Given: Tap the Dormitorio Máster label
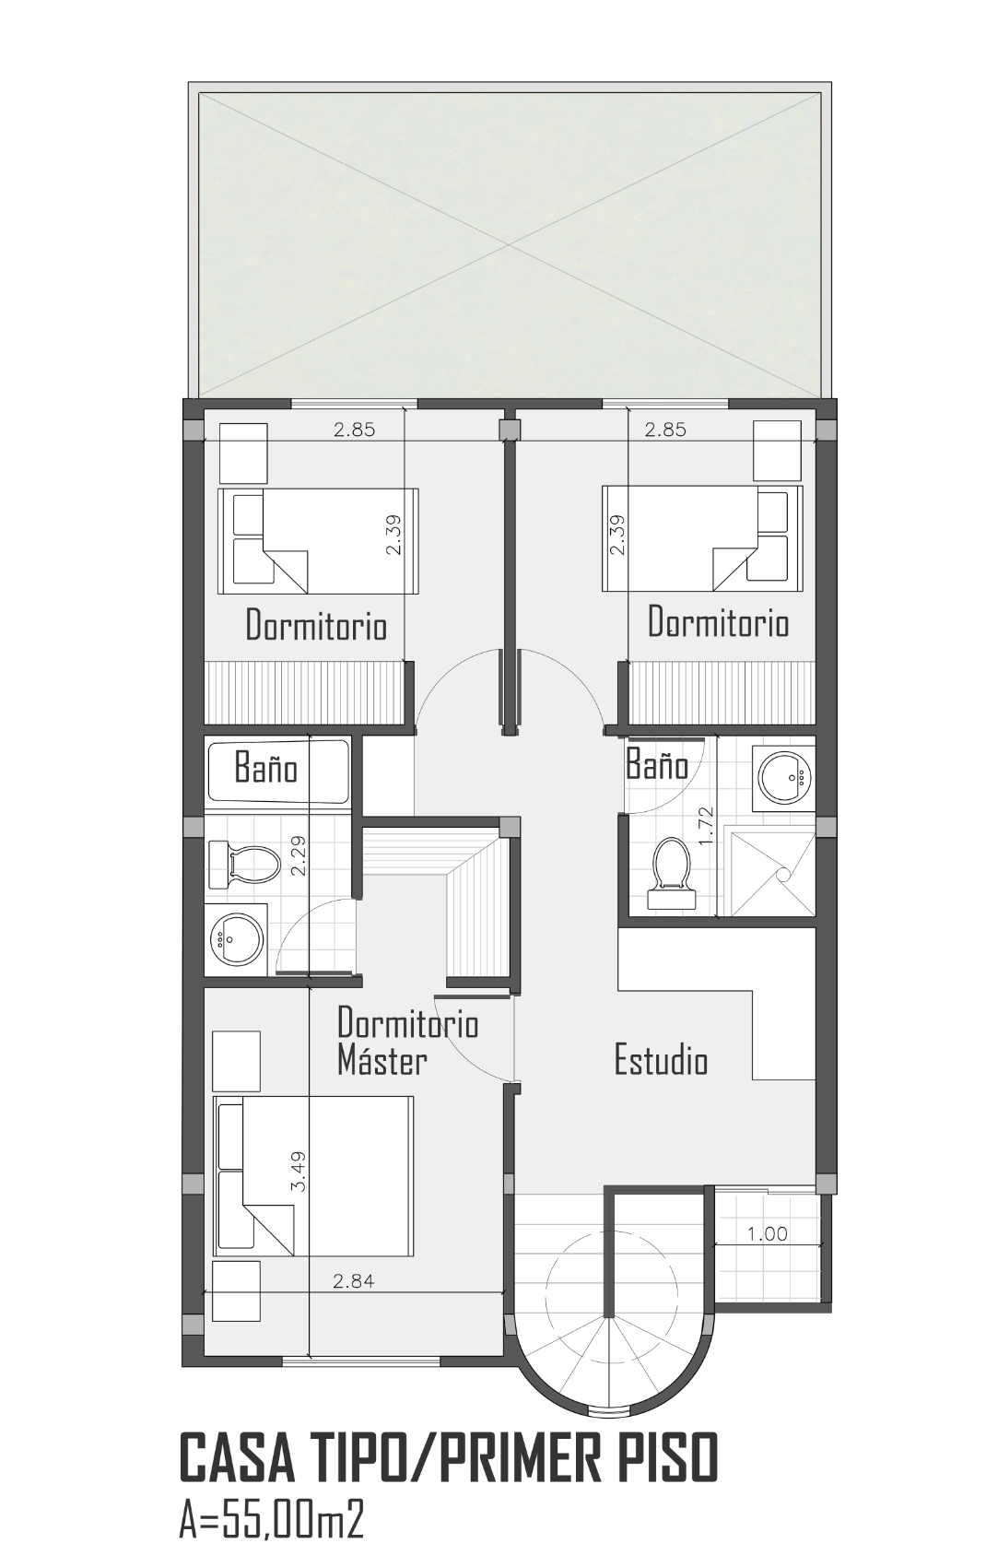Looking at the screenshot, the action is [x=407, y=1041].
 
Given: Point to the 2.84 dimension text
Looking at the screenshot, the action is [x=353, y=1281].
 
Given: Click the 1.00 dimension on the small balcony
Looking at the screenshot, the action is [x=767, y=1233].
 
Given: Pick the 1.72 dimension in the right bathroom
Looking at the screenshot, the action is [x=706, y=826].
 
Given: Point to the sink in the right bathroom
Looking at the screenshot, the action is [x=784, y=776].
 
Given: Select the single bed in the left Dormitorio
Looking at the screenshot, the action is [x=318, y=541].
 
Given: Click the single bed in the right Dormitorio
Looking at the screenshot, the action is [x=702, y=541].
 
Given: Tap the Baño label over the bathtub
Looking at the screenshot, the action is [x=265, y=769].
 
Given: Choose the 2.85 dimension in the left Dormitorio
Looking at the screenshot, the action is [x=354, y=430].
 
